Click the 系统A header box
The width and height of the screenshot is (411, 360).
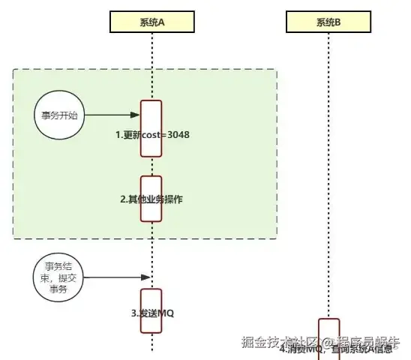point(151,22)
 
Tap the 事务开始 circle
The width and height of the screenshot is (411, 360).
point(59,116)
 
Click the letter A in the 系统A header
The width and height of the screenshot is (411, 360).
point(163,22)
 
